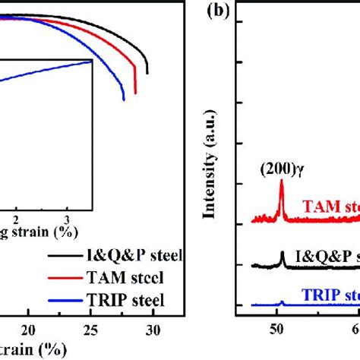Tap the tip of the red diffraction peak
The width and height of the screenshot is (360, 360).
pyautogui.click(x=282, y=181)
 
